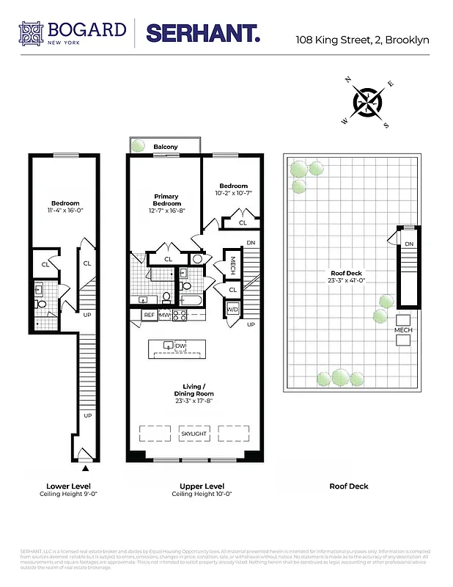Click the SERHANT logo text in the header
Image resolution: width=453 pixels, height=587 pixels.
pos(203,33)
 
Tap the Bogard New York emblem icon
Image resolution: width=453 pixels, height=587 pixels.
pos(32,33)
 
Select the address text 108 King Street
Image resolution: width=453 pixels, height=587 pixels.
pos(362,40)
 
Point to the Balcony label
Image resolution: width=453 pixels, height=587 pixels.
pos(166,147)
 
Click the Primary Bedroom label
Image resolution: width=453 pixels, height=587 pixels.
pos(166,200)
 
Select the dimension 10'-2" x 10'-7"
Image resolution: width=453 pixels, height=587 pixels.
pos(234,193)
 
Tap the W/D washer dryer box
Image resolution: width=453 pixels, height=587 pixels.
pos(232,310)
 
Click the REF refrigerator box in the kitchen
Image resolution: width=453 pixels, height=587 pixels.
pos(149,316)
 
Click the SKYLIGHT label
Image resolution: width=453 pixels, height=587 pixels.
pos(194,434)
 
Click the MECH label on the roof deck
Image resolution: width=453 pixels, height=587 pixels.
pos(404,330)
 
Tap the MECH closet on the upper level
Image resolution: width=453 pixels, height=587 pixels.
pos(232,262)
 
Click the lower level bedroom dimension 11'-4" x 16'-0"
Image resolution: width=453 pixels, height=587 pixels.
pos(65,211)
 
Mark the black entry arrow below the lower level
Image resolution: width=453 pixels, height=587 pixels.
pos(86,467)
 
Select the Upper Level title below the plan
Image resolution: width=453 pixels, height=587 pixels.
pos(202,486)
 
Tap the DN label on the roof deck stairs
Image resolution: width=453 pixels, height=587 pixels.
pos(409,244)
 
